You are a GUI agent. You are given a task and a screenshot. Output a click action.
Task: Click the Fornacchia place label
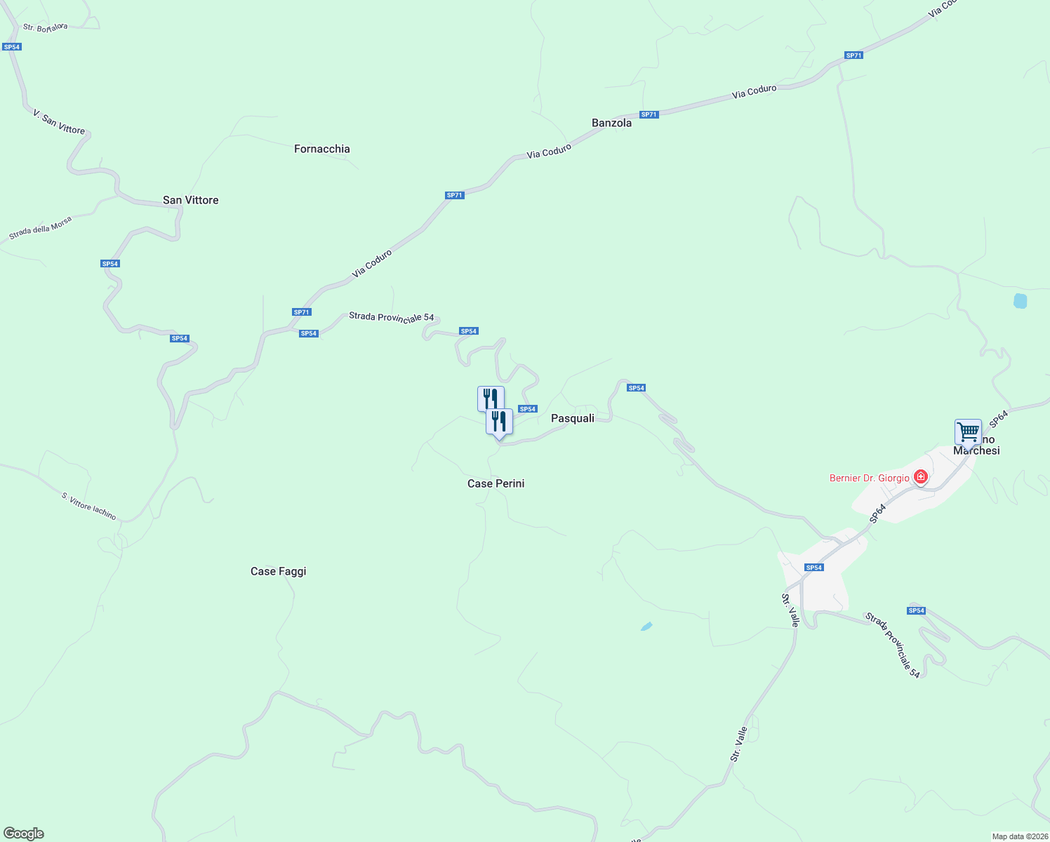coord(321,149)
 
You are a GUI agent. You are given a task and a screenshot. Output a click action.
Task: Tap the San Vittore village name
coord(190,200)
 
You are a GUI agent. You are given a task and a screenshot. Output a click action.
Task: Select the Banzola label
coord(611,123)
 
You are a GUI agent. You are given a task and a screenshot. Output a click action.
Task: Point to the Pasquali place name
coord(572,418)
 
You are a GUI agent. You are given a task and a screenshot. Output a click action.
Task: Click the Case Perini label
coord(496,483)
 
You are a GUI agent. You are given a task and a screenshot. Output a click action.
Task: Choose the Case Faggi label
coord(278,571)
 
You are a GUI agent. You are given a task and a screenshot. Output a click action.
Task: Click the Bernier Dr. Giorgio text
coord(869,478)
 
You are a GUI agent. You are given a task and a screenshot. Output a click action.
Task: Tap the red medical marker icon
coord(920,478)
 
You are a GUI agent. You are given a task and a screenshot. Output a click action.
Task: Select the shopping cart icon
coord(968,432)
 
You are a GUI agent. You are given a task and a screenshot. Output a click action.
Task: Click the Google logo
coord(23,834)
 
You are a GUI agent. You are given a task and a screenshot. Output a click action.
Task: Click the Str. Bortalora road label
coord(46,27)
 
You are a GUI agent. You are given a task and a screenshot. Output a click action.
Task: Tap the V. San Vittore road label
coord(59,121)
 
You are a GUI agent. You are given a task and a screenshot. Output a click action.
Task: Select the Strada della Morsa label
coord(40,228)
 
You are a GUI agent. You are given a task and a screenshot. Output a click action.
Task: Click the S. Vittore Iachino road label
coord(88,506)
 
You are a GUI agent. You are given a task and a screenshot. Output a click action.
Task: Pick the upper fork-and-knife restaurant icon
coord(490,398)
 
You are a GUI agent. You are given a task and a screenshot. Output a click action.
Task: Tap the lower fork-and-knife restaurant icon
coord(499,421)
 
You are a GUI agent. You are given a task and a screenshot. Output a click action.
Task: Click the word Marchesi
coord(976,450)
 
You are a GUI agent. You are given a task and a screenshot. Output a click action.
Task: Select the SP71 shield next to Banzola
coord(649,114)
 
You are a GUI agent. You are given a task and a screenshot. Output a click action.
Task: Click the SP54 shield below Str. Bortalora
coord(12,47)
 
